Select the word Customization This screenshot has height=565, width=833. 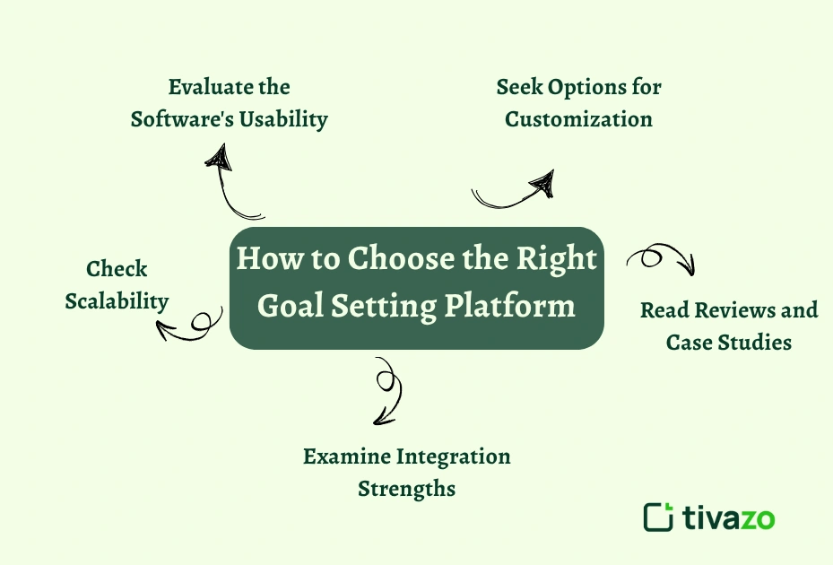point(578,118)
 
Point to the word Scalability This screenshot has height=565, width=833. point(117,301)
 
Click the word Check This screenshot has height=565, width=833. point(117,269)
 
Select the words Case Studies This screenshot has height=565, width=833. point(729,342)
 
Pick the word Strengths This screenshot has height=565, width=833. point(406,489)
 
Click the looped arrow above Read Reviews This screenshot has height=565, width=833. point(662,259)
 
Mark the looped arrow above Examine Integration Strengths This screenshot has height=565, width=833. point(386,390)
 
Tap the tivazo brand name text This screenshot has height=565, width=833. point(728,517)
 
